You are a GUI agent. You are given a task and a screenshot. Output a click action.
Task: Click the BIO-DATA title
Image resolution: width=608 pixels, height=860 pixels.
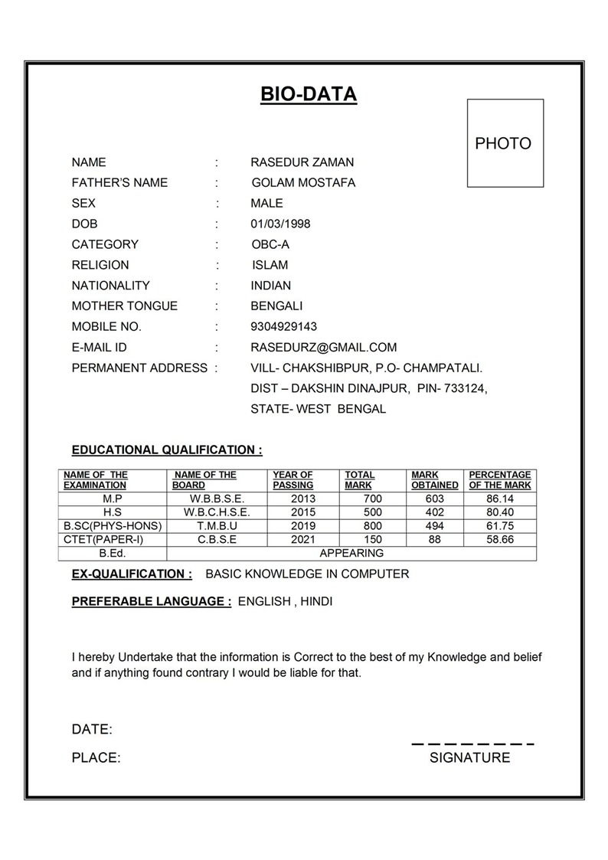[309, 95]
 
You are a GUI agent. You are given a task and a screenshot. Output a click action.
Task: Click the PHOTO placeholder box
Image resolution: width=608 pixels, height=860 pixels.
[505, 143]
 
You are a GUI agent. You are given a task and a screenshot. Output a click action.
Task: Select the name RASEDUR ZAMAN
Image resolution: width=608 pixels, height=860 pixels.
[302, 162]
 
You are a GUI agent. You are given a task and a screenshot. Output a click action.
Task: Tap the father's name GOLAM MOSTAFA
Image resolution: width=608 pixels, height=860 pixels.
[303, 183]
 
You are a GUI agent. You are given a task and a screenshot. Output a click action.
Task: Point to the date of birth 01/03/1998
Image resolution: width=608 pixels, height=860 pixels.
[280, 224]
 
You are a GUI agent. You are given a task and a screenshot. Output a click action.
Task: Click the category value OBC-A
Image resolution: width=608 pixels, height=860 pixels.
[270, 244]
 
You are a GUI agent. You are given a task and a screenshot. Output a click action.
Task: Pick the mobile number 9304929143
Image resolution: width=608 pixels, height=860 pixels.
[283, 326]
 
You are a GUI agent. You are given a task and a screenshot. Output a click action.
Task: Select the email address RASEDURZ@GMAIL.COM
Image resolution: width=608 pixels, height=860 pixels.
[323, 347]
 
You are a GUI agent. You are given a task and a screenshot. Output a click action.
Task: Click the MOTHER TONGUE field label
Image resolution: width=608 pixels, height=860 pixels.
[124, 306]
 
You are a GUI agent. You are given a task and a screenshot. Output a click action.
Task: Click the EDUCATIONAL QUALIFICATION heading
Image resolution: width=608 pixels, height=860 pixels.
[167, 450]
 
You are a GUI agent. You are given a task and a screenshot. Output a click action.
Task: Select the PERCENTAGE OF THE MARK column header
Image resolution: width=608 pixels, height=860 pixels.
[499, 480]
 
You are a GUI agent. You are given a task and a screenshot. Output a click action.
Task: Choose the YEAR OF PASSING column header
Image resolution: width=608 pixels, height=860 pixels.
[293, 480]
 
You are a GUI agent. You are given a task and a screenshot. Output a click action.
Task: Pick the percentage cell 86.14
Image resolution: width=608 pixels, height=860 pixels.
[499, 499]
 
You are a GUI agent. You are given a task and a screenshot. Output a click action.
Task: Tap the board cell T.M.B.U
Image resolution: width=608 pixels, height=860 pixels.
[217, 526]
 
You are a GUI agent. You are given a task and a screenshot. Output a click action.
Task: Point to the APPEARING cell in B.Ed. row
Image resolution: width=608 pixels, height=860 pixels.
[351, 553]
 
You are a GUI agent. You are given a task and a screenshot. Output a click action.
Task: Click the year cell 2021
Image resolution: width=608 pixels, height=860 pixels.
[303, 539]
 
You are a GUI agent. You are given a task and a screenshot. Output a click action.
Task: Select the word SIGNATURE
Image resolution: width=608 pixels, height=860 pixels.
[469, 757]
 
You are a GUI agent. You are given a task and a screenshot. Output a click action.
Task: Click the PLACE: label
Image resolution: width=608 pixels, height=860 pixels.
[96, 757]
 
